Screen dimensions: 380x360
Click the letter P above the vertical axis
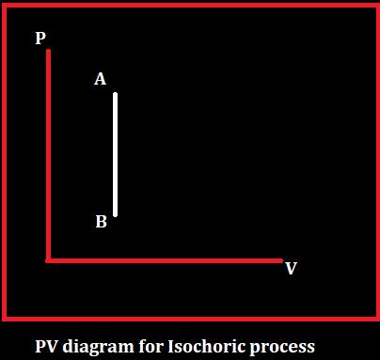point(40,39)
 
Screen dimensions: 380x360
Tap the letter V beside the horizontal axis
point(291,269)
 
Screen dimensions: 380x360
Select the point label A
point(100,80)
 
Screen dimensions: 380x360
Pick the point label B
point(101,223)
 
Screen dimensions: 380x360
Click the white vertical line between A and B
point(116,155)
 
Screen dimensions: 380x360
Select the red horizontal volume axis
point(165,260)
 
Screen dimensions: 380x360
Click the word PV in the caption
point(47,345)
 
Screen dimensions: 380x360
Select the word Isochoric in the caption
point(208,345)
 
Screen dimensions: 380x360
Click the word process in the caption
point(285,346)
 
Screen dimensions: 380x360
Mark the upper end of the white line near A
point(116,95)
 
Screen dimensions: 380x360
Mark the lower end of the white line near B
point(116,214)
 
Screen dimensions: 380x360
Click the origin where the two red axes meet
point(48,260)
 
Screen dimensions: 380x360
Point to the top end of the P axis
point(48,53)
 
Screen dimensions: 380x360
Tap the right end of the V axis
point(280,260)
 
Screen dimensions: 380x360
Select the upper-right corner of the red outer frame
point(376,6)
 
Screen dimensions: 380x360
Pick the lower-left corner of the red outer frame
point(5,318)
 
